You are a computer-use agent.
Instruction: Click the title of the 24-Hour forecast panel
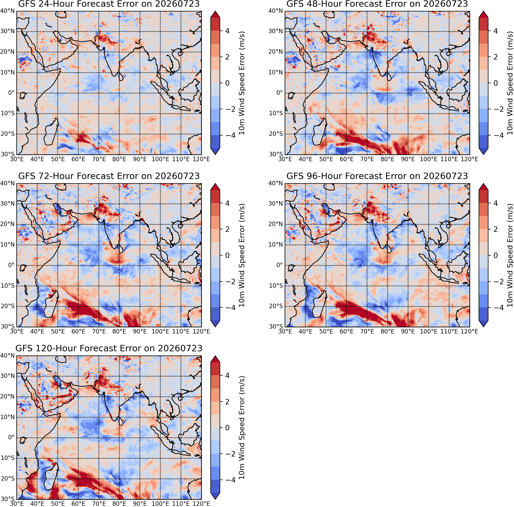(109, 4)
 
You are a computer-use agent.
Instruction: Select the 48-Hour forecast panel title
(377, 4)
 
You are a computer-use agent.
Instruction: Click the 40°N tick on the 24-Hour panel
(7, 11)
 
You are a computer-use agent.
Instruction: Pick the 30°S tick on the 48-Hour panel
(276, 154)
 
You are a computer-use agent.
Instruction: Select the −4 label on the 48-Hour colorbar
(497, 135)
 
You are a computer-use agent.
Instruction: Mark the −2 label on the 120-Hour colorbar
(229, 454)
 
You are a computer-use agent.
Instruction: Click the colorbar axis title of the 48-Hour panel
(509, 83)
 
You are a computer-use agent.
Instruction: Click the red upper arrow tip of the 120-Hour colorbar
(215, 356)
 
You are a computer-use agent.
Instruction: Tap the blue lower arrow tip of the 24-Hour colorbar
(215, 154)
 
